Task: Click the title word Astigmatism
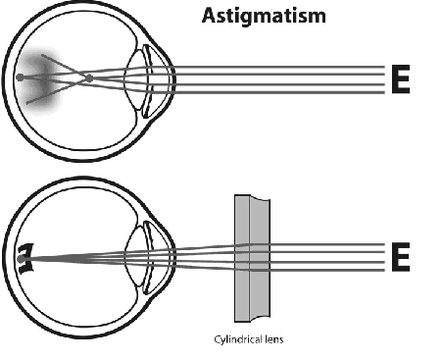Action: [x=264, y=16]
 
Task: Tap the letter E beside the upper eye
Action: [x=400, y=80]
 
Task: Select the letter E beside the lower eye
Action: [x=400, y=257]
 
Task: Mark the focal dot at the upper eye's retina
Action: [x=20, y=77]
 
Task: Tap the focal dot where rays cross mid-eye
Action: [x=88, y=77]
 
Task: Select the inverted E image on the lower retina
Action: [x=24, y=257]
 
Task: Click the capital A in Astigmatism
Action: [x=209, y=16]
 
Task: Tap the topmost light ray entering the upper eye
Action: [x=294, y=67]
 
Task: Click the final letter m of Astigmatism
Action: [x=319, y=17]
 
